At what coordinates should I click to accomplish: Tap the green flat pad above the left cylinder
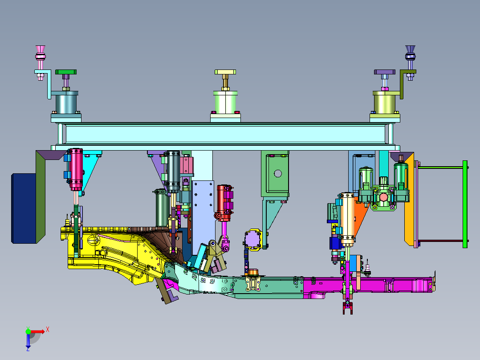(66, 72)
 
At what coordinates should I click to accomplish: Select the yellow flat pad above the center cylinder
(225, 72)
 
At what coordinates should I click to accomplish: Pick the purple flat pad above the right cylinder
(385, 72)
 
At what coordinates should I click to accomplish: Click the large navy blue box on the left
(24, 209)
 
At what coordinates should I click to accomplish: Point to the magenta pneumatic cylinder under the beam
(76, 169)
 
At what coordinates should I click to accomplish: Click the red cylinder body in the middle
(224, 203)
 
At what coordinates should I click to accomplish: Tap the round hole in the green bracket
(278, 174)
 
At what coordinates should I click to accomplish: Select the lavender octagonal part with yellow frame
(253, 239)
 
